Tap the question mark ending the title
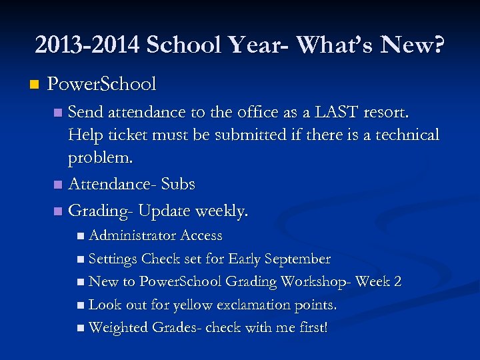[x=438, y=45]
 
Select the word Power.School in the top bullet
[x=101, y=85]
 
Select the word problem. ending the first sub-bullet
[x=101, y=159]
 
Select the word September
[x=297, y=259]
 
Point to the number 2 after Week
[x=397, y=282]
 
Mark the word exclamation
[x=257, y=305]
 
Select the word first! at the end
[x=310, y=328]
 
